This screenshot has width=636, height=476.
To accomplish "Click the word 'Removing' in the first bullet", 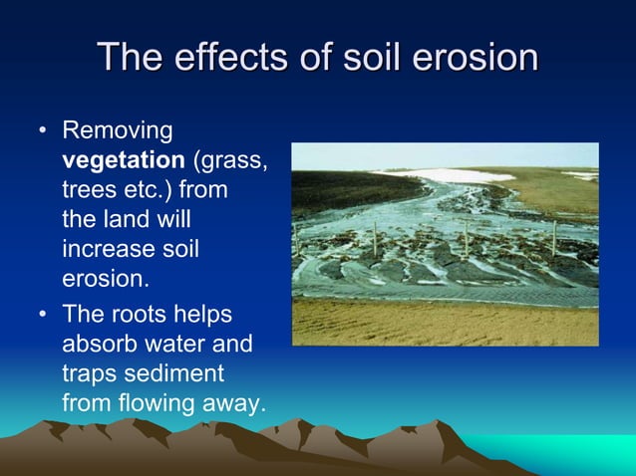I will click(117, 130).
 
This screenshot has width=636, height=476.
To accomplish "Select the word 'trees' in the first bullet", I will click(89, 188).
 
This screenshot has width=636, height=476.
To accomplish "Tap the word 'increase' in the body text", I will click(104, 246).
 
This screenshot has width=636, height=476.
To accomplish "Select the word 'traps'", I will click(89, 373).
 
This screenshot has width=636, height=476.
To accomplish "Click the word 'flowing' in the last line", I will click(149, 402).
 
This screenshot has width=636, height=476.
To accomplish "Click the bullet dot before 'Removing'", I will click(42, 131).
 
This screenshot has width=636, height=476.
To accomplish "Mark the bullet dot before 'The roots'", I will click(42, 316).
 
